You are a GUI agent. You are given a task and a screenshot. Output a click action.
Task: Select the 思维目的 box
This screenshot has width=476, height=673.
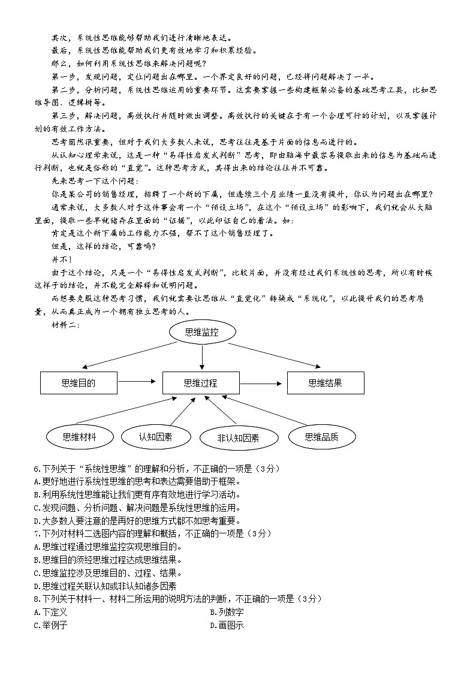tap(79, 383)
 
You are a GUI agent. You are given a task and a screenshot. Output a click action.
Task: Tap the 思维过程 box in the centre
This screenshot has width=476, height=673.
tap(201, 383)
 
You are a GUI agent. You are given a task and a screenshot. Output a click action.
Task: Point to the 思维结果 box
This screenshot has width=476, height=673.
tap(325, 383)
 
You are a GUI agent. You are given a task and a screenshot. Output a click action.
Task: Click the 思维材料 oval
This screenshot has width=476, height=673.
tap(79, 437)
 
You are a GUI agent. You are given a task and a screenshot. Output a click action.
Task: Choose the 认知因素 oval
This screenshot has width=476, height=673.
tap(155, 437)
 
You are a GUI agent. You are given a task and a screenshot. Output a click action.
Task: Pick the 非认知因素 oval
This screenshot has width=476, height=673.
tap(239, 438)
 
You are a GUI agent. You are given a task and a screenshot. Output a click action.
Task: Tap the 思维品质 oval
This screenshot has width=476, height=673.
tap(322, 437)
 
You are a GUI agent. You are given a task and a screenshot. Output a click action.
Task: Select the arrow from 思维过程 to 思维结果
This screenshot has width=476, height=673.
tap(263, 383)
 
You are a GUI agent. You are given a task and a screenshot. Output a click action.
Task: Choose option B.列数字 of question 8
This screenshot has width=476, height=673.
tap(227, 612)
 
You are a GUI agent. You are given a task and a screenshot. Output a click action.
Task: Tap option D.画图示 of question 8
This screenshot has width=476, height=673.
tap(227, 626)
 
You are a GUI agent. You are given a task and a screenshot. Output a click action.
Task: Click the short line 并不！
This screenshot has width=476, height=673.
tap(62, 259)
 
